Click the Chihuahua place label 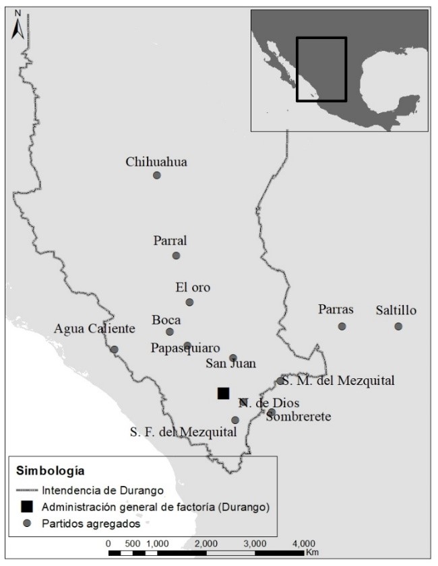click(156, 162)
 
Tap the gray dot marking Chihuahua click(157, 175)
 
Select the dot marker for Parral click(176, 255)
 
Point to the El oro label click(193, 287)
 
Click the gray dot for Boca click(170, 331)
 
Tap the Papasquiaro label click(185, 349)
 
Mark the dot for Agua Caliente click(114, 349)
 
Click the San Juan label click(230, 364)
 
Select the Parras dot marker click(342, 326)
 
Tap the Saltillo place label click(396, 310)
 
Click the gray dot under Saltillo click(398, 326)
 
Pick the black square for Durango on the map click(223, 393)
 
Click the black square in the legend click(27, 506)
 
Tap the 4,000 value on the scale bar click(303, 542)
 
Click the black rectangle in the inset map click(321, 69)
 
